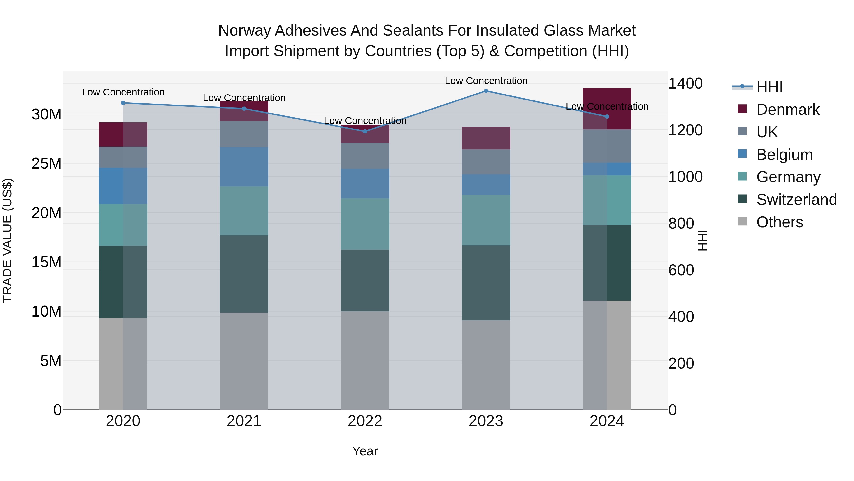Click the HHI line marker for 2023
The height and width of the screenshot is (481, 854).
point(486,91)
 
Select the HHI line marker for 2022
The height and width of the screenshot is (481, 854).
point(365,131)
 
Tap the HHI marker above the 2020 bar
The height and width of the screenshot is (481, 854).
point(123,103)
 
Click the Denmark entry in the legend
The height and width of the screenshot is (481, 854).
point(788,110)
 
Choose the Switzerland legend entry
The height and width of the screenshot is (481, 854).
point(796,200)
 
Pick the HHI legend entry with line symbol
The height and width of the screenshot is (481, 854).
point(769,87)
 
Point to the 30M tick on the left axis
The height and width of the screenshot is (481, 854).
point(46,114)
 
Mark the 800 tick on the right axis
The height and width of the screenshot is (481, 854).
point(681,224)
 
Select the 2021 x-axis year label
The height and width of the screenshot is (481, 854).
point(244,421)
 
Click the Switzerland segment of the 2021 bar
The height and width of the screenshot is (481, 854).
point(244,274)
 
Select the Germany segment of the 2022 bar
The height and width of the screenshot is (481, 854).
point(365,224)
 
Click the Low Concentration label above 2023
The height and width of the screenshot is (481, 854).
point(486,81)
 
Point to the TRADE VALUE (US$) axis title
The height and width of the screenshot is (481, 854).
point(7,240)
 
